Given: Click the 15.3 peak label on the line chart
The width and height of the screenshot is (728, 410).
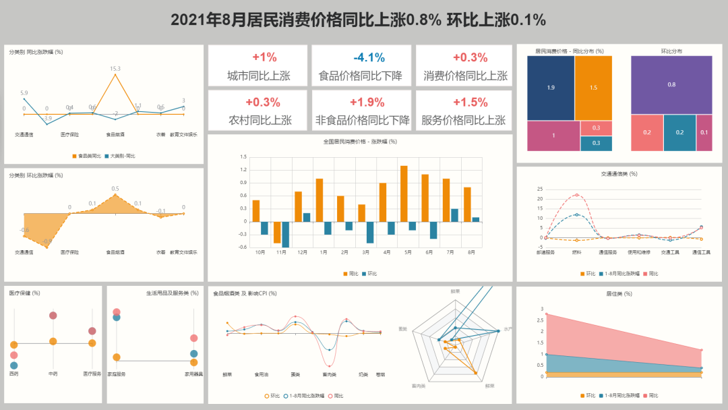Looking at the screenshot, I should tap(115, 68).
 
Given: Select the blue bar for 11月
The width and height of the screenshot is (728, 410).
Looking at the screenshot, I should tap(286, 234).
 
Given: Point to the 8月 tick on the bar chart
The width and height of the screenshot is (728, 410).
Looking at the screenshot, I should tap(471, 252).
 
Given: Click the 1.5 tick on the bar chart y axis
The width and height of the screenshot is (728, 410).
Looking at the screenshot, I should tap(243, 157).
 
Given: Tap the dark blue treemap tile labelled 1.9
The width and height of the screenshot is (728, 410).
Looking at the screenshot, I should tap(551, 88).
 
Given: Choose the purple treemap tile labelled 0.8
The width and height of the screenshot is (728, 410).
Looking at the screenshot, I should tap(671, 84).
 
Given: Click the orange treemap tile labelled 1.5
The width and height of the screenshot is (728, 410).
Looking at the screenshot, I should tap(593, 88).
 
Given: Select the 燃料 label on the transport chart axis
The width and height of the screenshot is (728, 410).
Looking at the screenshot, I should tap(576, 252).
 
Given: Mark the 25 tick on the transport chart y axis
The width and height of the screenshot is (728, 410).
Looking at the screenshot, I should tap(540, 189).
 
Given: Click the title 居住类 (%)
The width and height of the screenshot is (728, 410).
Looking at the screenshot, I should tap(619, 293).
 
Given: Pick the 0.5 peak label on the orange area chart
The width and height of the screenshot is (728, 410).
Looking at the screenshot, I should tap(115, 189).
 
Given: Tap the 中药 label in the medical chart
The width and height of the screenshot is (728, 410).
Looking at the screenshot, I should tap(53, 373).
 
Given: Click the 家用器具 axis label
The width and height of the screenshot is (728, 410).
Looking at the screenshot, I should tap(193, 373).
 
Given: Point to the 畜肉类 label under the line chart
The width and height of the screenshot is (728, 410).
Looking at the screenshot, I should tap(329, 374).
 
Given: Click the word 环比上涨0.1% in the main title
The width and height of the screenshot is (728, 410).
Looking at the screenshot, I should tap(496, 20).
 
